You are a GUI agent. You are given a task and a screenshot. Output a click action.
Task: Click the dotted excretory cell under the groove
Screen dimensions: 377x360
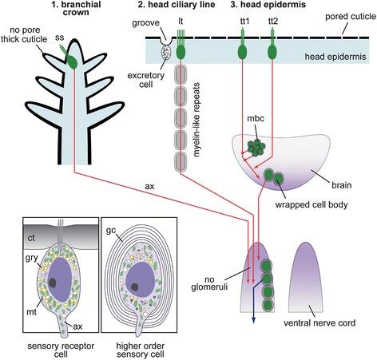(x=167, y=52)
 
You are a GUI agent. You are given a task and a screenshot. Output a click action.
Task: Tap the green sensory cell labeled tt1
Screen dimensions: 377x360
(x=242, y=52)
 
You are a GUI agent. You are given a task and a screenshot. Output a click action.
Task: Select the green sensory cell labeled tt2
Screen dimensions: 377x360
(x=272, y=52)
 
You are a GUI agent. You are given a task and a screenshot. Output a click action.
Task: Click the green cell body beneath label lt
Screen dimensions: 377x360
(x=181, y=52)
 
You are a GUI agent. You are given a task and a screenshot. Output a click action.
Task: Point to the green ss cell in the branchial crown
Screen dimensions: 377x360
(x=72, y=61)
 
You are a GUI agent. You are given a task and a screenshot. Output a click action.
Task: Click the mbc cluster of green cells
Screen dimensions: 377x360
(x=256, y=148)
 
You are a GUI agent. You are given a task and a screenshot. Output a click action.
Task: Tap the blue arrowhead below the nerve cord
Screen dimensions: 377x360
(x=253, y=320)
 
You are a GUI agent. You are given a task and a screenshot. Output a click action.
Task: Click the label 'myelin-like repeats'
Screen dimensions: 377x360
(x=196, y=120)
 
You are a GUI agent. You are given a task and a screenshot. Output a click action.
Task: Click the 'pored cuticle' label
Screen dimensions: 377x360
(x=351, y=17)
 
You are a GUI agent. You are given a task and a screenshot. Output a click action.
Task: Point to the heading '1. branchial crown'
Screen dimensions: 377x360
(x=76, y=8)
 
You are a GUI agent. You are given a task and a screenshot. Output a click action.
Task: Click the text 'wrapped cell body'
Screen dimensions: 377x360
(x=312, y=205)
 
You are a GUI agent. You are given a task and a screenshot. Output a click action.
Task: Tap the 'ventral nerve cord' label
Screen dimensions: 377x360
(x=319, y=323)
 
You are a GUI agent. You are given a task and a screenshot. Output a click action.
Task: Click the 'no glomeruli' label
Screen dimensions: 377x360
(x=209, y=283)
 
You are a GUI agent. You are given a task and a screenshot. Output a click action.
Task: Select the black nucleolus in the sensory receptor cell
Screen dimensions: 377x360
(x=53, y=283)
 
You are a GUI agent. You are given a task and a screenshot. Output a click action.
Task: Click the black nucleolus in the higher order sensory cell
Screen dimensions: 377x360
(x=134, y=287)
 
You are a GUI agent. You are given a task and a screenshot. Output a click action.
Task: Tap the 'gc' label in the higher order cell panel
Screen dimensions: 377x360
(x=111, y=231)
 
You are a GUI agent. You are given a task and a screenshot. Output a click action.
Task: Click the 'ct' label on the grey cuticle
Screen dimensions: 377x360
(x=31, y=238)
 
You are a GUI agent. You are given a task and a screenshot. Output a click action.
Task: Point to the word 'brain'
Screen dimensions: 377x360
(x=342, y=185)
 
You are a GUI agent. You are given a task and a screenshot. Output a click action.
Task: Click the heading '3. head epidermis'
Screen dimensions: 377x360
(x=268, y=5)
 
